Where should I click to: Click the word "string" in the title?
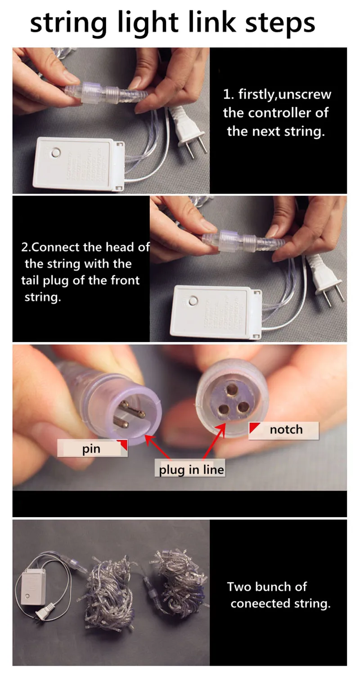tap(68, 24)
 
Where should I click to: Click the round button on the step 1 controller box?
tap(56, 153)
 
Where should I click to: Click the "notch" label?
tap(283, 430)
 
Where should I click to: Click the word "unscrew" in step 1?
tap(305, 95)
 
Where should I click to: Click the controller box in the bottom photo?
tap(33, 587)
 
